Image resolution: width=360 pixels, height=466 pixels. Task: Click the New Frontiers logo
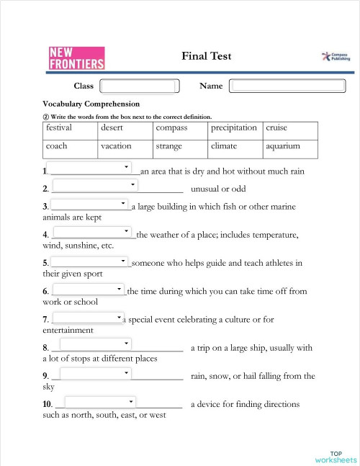point(76,58)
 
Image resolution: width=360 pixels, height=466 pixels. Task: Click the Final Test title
point(207,56)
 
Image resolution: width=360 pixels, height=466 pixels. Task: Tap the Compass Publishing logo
point(336,56)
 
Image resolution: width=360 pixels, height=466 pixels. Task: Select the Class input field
point(144,86)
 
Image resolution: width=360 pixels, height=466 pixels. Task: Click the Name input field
point(283,86)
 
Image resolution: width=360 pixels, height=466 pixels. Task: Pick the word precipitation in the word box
point(233,127)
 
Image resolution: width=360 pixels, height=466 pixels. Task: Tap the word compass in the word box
point(171,127)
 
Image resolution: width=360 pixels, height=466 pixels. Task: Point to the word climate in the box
point(224,146)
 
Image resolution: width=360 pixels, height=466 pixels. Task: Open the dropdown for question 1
point(90,167)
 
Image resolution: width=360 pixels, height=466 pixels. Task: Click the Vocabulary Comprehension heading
point(91,104)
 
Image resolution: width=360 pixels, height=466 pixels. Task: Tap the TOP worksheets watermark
point(336,456)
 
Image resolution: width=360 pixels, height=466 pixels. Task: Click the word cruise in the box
point(276,127)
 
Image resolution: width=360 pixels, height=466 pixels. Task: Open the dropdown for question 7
point(89,317)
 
